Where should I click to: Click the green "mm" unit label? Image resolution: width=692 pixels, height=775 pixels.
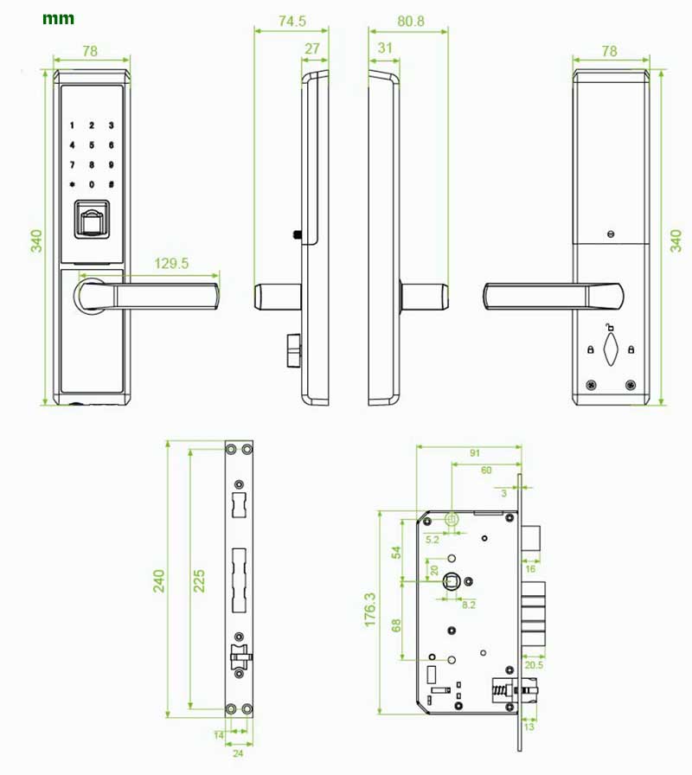(x=58, y=19)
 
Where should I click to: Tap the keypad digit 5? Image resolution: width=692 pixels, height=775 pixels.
(x=92, y=145)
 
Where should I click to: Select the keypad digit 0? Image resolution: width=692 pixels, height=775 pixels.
(x=92, y=184)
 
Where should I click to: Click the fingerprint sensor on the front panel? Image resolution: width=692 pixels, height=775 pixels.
(x=91, y=220)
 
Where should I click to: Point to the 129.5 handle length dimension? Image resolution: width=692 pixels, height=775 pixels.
(x=171, y=263)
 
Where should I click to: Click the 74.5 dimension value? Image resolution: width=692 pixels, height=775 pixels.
(x=292, y=21)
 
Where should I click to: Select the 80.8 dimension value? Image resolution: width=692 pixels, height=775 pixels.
(x=411, y=21)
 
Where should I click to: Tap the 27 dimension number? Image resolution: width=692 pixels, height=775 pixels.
(x=312, y=48)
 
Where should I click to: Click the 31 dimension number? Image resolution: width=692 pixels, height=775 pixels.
(x=385, y=48)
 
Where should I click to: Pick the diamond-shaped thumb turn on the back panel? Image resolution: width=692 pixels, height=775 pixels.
(x=611, y=349)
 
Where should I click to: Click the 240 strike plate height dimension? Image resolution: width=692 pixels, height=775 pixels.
(x=158, y=580)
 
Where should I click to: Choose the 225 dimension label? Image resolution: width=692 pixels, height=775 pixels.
(x=199, y=580)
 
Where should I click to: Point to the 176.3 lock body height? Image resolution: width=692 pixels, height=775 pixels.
(x=369, y=610)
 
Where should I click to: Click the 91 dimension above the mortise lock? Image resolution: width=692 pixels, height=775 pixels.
(x=475, y=453)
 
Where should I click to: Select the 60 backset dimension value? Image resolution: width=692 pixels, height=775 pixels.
(x=486, y=470)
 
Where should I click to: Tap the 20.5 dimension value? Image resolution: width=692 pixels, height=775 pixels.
(x=534, y=665)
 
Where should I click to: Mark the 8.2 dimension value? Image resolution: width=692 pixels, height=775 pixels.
(x=469, y=605)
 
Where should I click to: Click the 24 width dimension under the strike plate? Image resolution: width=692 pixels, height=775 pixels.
(x=238, y=753)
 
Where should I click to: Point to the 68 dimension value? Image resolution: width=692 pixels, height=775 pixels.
(x=396, y=625)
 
